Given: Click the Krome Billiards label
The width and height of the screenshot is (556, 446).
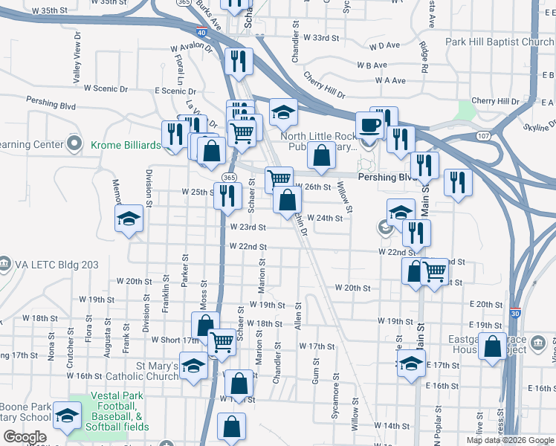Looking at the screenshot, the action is [x=126, y=144].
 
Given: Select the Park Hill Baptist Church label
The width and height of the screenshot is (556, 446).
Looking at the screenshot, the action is [x=500, y=42].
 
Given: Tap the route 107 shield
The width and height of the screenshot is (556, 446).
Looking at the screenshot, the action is [x=484, y=136].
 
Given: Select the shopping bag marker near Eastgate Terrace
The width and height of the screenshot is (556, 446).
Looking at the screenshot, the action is [x=493, y=346].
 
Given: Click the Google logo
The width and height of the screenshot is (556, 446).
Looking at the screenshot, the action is [x=25, y=437].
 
